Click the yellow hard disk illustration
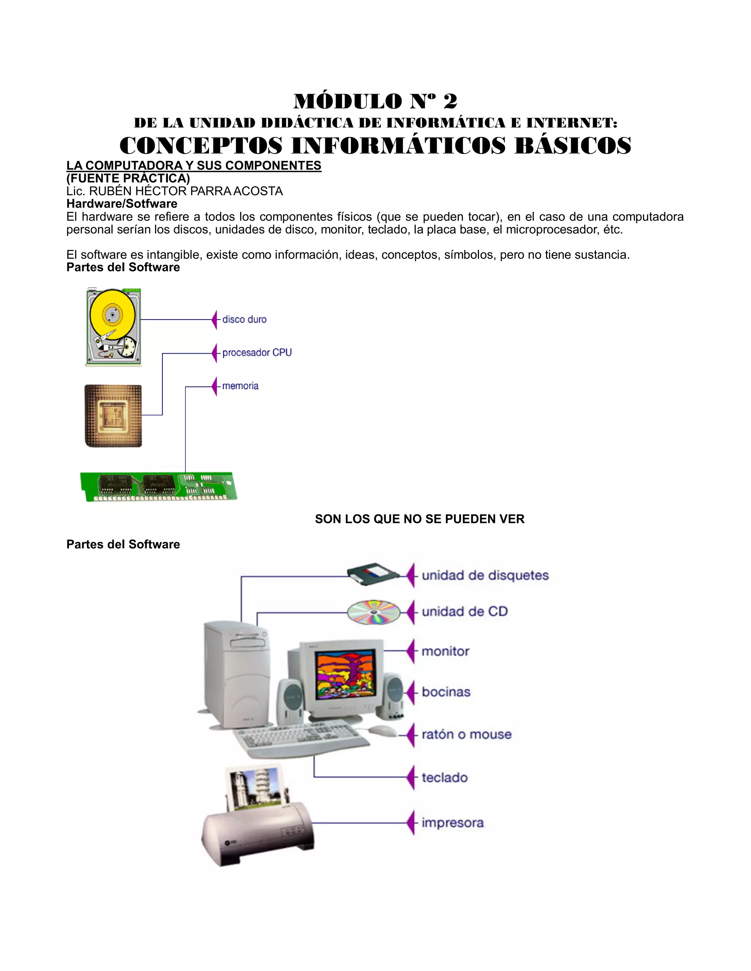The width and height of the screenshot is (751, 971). (113, 327)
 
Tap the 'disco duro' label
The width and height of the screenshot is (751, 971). (244, 319)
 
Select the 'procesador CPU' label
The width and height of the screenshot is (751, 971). (257, 352)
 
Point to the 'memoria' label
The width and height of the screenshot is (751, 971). (240, 386)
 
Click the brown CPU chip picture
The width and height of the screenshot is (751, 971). (113, 416)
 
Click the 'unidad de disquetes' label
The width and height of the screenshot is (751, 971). (485, 575)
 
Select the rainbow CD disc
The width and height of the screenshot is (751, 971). (374, 612)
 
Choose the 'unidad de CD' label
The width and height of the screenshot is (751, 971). (465, 612)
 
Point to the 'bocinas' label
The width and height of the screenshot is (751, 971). (446, 692)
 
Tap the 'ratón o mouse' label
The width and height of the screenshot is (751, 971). (466, 734)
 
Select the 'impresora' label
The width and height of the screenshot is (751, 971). (453, 823)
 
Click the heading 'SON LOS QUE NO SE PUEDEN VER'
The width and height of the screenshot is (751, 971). (420, 519)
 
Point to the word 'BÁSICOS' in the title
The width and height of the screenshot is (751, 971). (572, 146)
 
